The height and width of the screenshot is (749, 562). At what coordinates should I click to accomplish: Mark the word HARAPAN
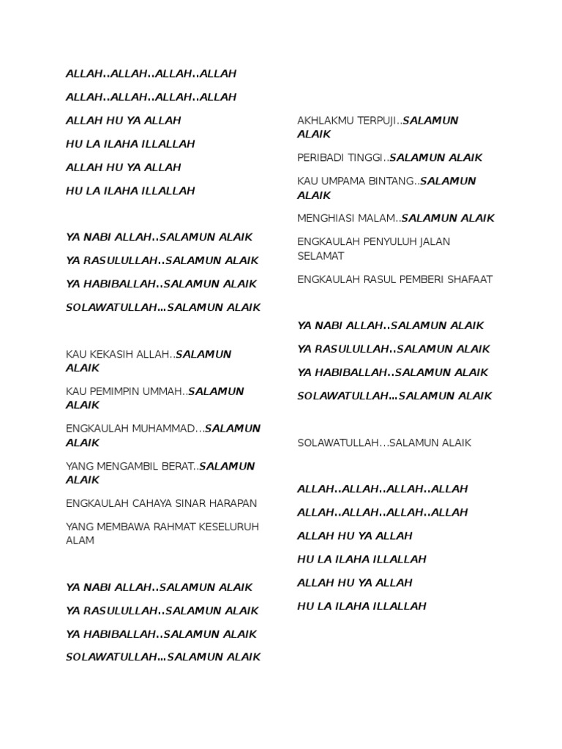coord(234,503)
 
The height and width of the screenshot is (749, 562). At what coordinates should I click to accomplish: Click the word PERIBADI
coord(323,158)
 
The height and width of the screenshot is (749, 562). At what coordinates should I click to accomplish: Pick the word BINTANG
coord(394,181)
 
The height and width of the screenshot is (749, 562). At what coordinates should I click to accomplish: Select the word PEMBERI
coord(419,279)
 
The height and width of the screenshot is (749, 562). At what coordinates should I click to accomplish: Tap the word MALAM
coord(377,219)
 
